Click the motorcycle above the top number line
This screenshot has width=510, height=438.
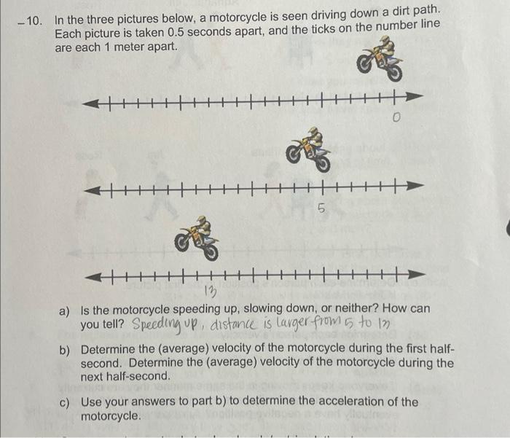tap(379, 60)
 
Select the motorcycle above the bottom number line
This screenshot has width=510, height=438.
tap(197, 238)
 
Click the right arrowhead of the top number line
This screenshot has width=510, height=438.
tap(414, 96)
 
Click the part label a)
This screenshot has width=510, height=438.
tap(65, 310)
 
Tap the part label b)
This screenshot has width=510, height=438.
tap(65, 350)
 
